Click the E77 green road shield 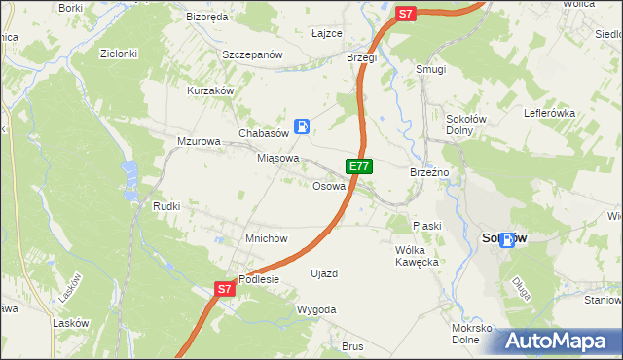(x=358, y=166)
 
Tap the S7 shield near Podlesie (x=225, y=289)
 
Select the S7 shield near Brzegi (x=407, y=14)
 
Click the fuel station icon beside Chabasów (x=303, y=126)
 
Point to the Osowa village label (x=329, y=186)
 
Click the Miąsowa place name (x=277, y=158)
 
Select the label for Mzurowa (x=200, y=141)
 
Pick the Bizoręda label (x=206, y=18)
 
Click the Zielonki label (x=118, y=54)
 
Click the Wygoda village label (x=316, y=309)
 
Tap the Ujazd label (x=323, y=273)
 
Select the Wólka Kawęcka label (x=419, y=255)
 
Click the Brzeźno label (x=428, y=172)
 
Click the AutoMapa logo (x=560, y=341)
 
